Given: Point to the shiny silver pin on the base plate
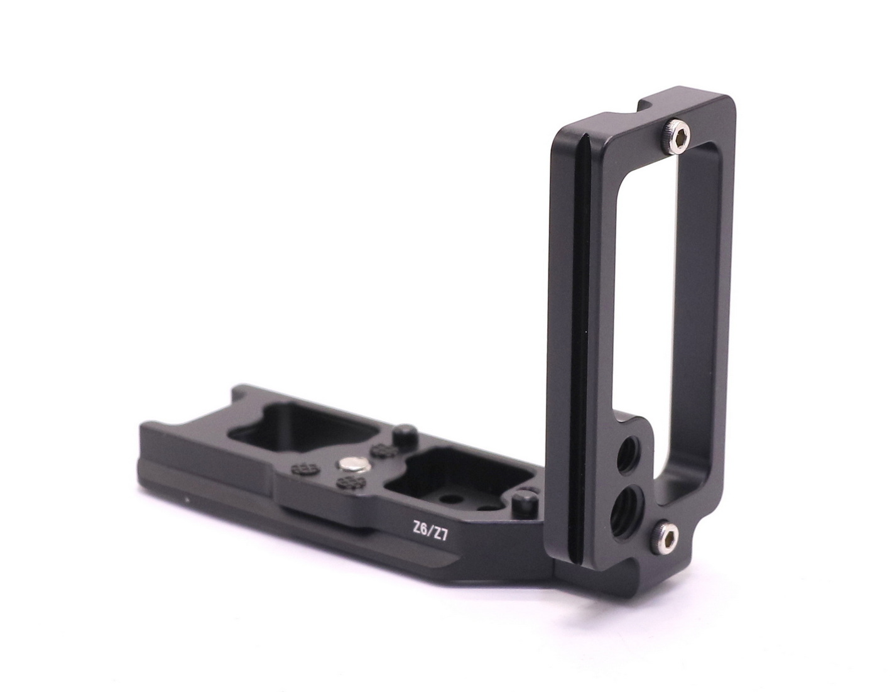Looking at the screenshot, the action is [x=352, y=465].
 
